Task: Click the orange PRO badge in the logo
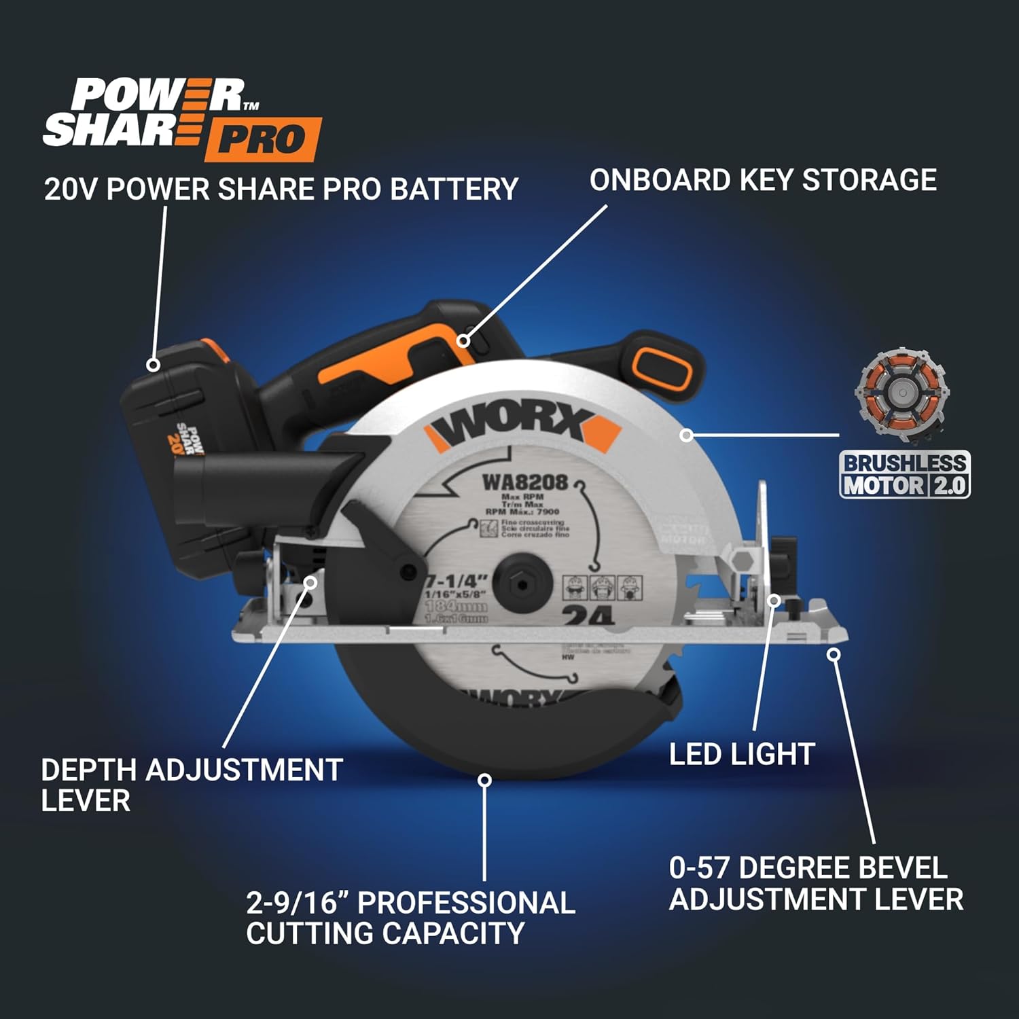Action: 262,139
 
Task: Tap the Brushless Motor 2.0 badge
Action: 904,474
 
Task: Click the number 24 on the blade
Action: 588,615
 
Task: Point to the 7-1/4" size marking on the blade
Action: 457,582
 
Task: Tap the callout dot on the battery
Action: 154,365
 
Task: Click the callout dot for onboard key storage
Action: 464,340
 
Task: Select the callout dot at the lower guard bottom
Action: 484,780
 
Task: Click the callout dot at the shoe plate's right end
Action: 834,654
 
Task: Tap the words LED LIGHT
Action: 742,754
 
